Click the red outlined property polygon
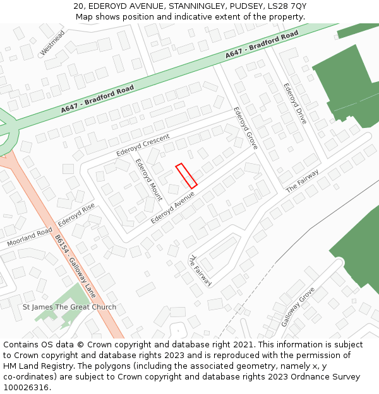tap(186, 176)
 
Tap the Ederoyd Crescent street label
tap(143, 146)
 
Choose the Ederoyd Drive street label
tap(295, 103)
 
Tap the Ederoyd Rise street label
tap(76, 214)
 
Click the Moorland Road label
tap(30, 236)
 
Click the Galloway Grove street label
tap(298, 306)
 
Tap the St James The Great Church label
tap(69, 307)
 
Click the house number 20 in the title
tap(78, 6)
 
